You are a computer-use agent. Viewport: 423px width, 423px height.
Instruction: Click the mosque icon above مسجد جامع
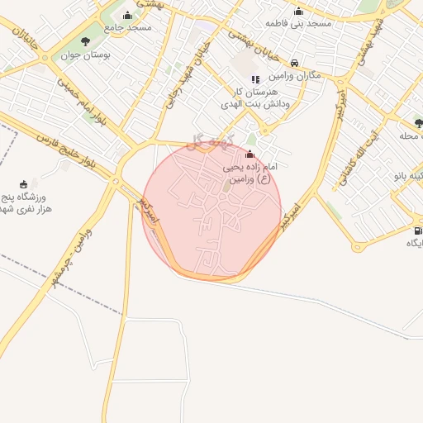[x=126, y=16]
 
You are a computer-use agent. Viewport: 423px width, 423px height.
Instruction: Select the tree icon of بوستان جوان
[x=85, y=41]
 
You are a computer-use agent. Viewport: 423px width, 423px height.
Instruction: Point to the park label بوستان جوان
[x=85, y=55]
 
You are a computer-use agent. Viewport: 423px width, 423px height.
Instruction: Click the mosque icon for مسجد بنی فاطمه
[x=298, y=11]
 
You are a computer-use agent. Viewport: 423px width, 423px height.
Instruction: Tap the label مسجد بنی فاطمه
[x=298, y=23]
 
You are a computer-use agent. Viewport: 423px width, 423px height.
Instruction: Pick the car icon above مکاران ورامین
[x=295, y=62]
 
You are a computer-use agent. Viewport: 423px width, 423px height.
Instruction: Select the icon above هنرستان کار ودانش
[x=255, y=79]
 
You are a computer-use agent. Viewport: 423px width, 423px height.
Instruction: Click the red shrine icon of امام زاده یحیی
[x=250, y=154]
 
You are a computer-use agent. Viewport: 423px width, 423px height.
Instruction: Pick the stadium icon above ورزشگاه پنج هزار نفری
[x=24, y=184]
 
